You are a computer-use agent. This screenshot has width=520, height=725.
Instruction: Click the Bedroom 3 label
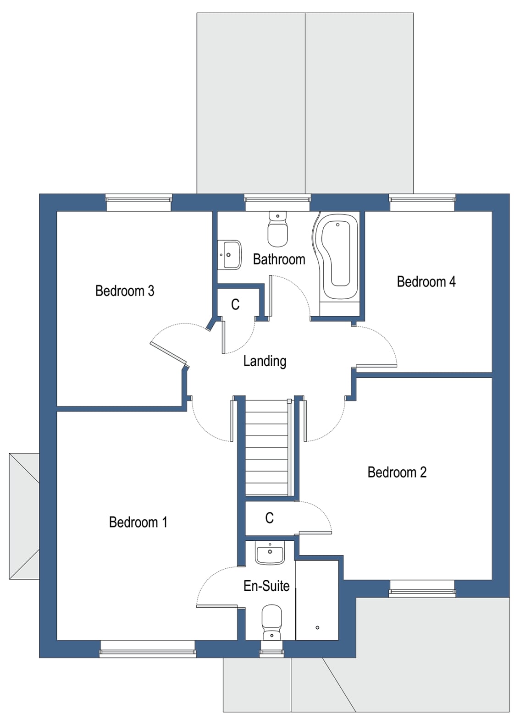tap(125, 291)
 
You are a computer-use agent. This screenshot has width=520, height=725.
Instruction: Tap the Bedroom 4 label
tap(426, 281)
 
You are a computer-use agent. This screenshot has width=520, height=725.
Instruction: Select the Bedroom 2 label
tap(397, 472)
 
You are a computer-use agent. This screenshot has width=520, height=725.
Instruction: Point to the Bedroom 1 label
tap(138, 522)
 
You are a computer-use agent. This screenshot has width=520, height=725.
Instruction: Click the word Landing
tap(265, 361)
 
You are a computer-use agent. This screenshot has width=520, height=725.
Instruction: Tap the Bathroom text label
tap(279, 259)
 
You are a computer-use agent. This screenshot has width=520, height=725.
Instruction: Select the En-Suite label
tap(266, 586)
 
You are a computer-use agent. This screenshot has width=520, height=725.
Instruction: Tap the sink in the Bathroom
tap(231, 255)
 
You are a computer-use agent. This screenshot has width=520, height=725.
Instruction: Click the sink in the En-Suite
tap(270, 553)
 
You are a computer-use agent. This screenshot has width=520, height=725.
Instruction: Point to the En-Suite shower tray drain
tap(317, 627)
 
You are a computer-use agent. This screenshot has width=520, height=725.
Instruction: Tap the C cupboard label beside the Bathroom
tap(235, 304)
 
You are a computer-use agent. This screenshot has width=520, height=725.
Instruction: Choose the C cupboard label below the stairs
tap(269, 518)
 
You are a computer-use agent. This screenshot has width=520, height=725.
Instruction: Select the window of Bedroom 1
tap(148, 648)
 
